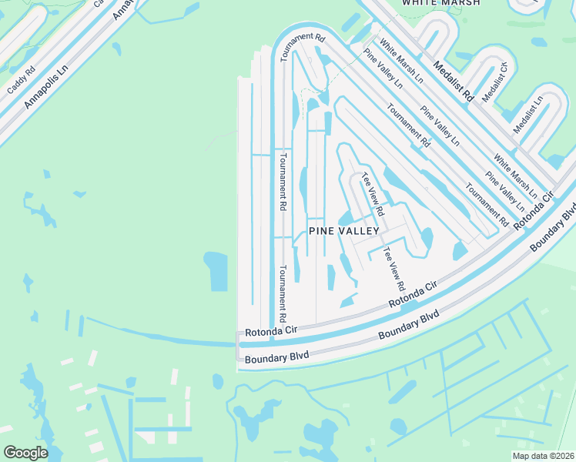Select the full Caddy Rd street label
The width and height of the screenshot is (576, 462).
point(21,79)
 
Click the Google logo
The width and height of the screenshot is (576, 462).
point(26,452)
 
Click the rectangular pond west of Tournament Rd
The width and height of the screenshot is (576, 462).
point(216,271)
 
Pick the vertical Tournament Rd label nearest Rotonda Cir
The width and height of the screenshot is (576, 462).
point(283,293)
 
